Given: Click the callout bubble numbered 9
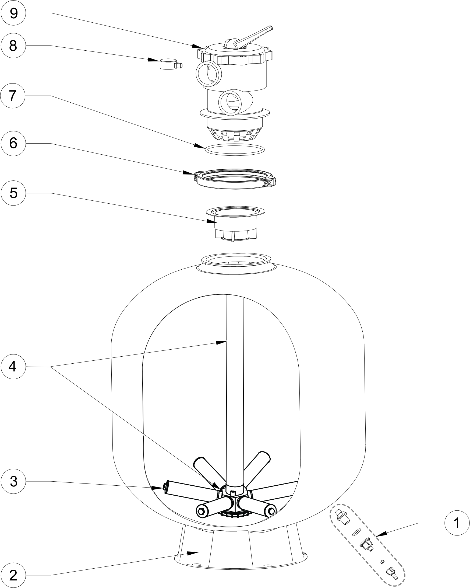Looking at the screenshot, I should point(13,13).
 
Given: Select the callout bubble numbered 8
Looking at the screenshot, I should point(13,46).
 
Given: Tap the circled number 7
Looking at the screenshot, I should point(13,96).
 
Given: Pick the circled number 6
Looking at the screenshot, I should point(13,144).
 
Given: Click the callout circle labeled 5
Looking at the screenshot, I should point(13,193).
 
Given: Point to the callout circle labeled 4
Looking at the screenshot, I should point(13,367).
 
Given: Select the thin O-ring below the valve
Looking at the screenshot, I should point(234,149).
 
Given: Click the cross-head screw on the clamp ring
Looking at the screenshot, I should point(266,184).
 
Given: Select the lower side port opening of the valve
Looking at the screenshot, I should point(231,103).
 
